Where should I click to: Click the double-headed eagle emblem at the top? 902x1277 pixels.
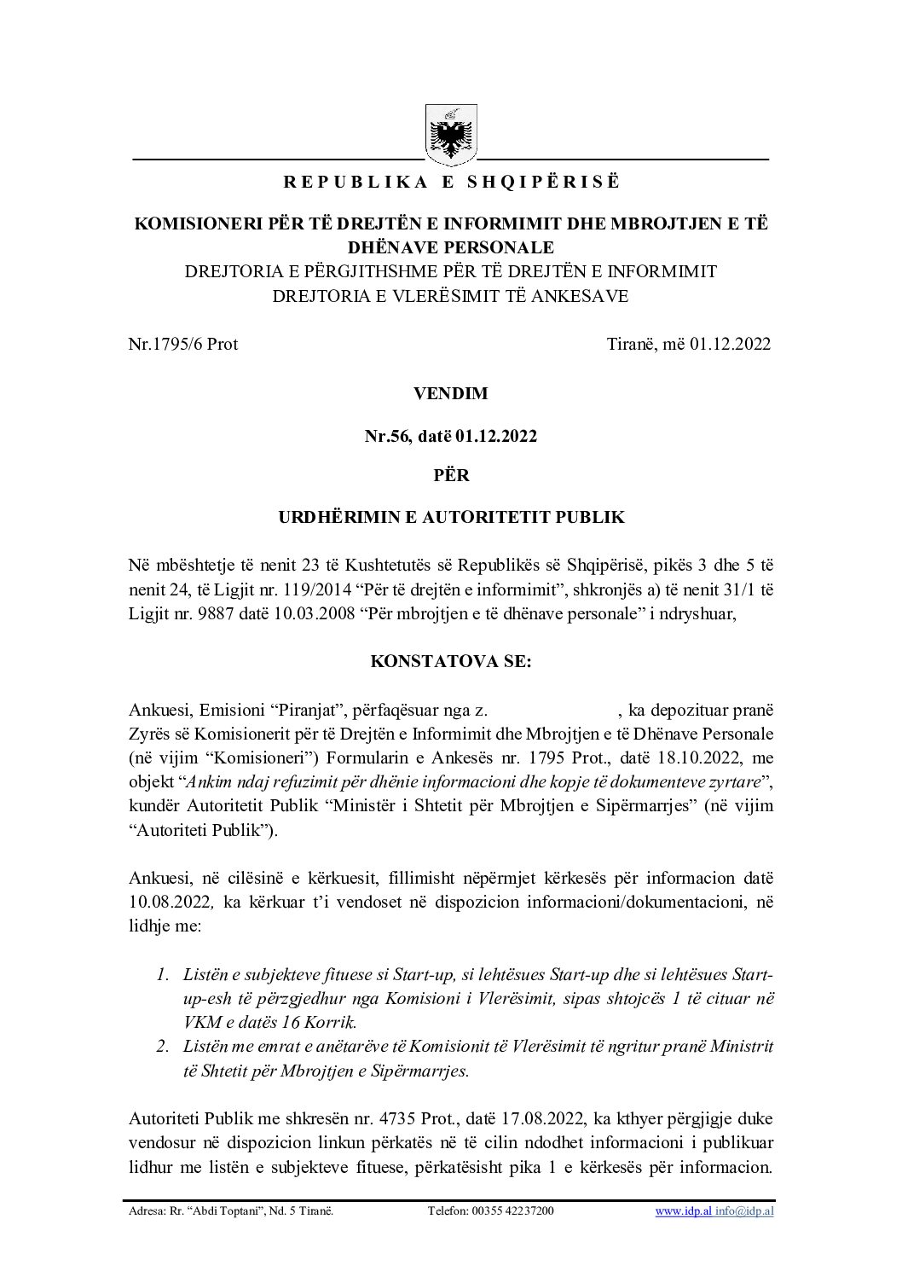[451, 133]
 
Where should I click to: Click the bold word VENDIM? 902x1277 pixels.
[451, 394]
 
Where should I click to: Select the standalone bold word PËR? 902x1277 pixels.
[451, 475]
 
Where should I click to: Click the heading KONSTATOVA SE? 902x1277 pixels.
[451, 662]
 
